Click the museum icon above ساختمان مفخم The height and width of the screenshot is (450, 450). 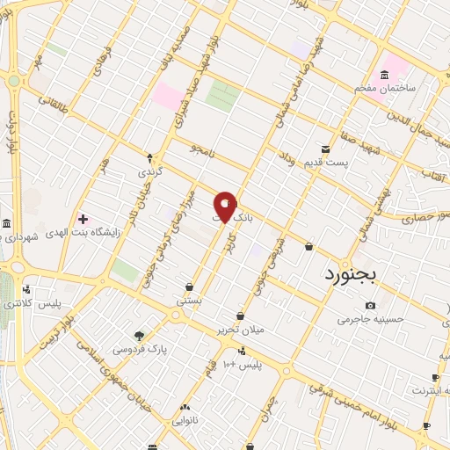click(385, 74)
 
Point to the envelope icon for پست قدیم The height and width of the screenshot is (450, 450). click(326, 149)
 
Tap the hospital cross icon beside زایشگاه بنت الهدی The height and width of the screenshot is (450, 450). click(83, 218)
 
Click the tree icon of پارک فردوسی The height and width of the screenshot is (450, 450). click(139, 335)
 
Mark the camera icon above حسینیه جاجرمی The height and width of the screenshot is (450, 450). click(370, 305)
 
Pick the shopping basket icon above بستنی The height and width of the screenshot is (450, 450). click(189, 287)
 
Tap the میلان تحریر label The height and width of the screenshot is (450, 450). click(240, 330)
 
